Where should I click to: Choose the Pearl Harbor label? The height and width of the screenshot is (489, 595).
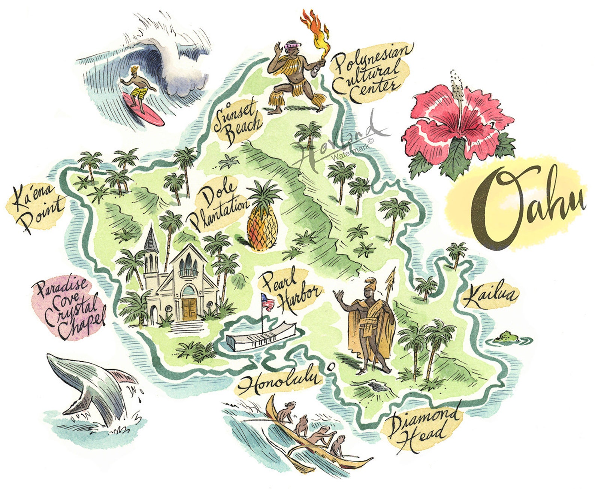pos(290,288)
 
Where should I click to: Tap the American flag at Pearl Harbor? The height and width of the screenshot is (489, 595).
pos(267,301)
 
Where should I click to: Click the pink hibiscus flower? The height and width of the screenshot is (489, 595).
pos(457,120)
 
